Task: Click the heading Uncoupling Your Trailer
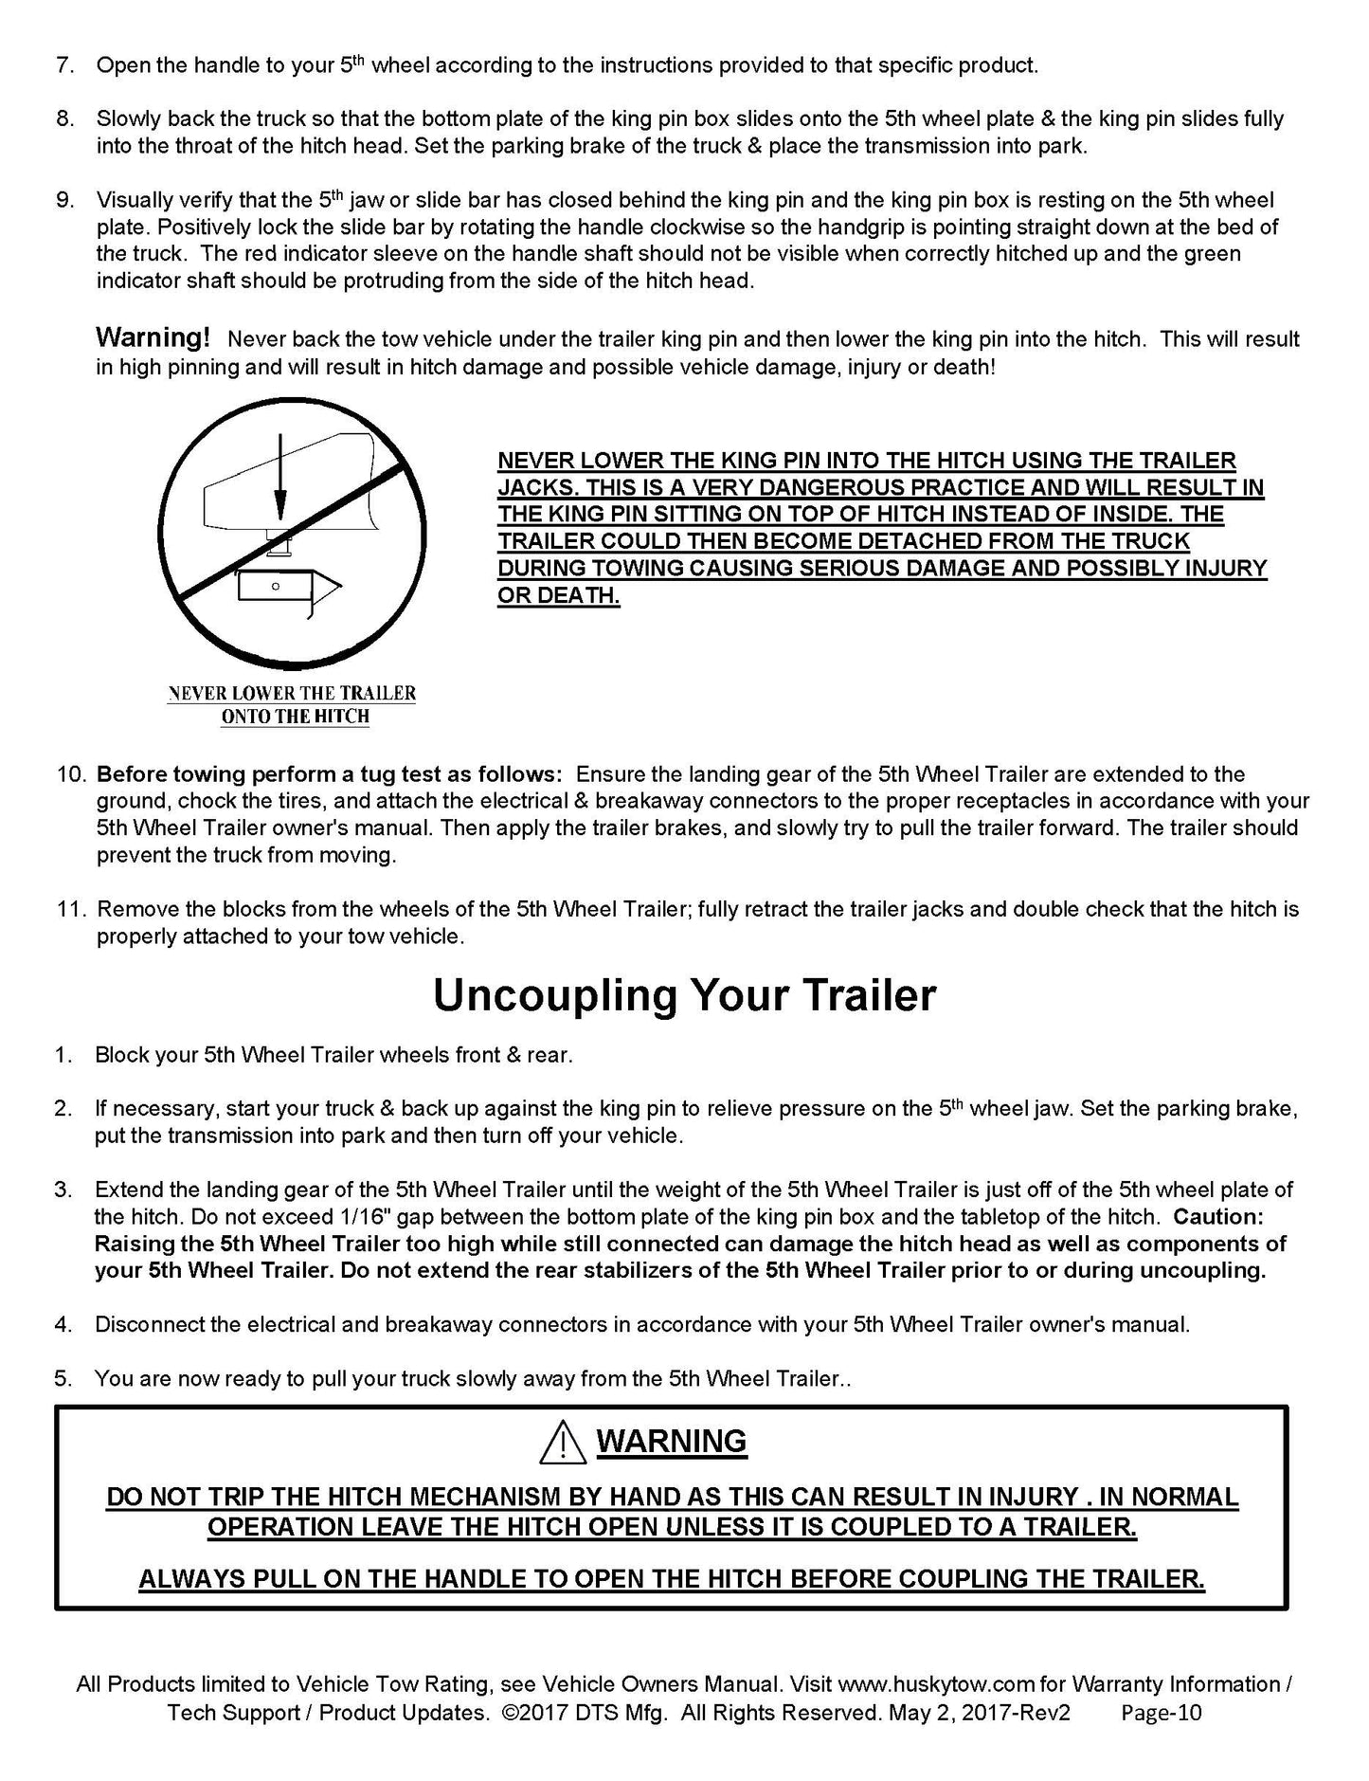tap(684, 995)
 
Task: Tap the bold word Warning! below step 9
tap(153, 338)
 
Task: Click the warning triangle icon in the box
tap(561, 1443)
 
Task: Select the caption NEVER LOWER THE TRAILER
tap(292, 693)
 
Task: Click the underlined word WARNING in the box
tap(672, 1442)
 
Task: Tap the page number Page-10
tap(1161, 1713)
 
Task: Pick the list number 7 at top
tap(65, 65)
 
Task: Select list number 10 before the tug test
tap(72, 774)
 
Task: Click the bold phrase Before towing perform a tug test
tap(330, 774)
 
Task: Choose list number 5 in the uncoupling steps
tap(63, 1378)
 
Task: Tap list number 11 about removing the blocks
tap(72, 910)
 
